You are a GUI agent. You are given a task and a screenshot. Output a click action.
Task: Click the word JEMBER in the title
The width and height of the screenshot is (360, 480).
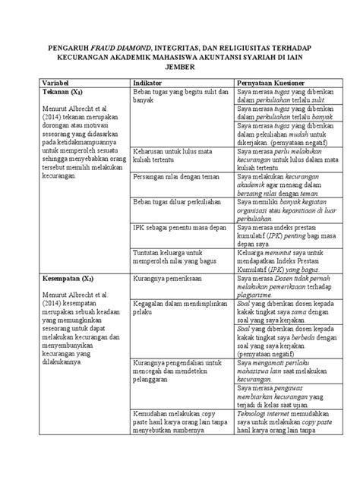click(180, 66)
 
